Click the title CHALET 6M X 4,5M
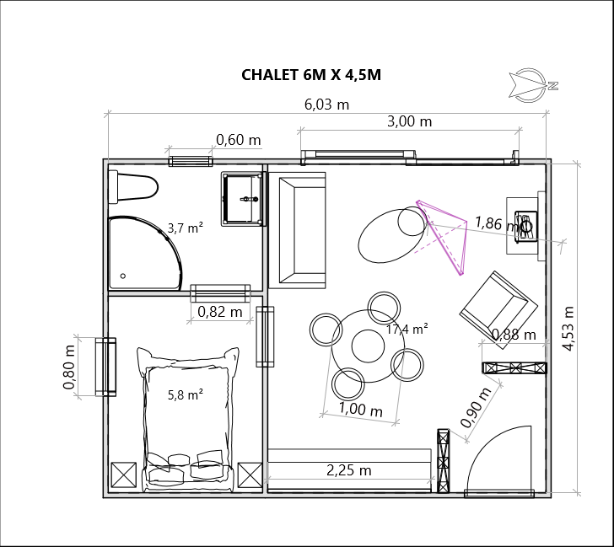click(311, 75)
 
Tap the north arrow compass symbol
click(532, 85)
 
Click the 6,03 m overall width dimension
click(326, 105)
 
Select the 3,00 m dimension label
click(409, 121)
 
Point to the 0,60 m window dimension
click(238, 140)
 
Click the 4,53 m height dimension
click(568, 329)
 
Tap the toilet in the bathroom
click(133, 187)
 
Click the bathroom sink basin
click(243, 199)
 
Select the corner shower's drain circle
click(123, 276)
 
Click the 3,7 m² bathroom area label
click(186, 228)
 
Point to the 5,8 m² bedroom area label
click(186, 394)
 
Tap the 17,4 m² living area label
click(407, 329)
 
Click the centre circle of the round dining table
click(368, 346)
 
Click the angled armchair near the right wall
click(498, 309)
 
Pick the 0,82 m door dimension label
click(219, 312)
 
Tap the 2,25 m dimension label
click(348, 470)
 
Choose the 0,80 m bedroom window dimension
click(69, 367)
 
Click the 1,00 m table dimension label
click(360, 410)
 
